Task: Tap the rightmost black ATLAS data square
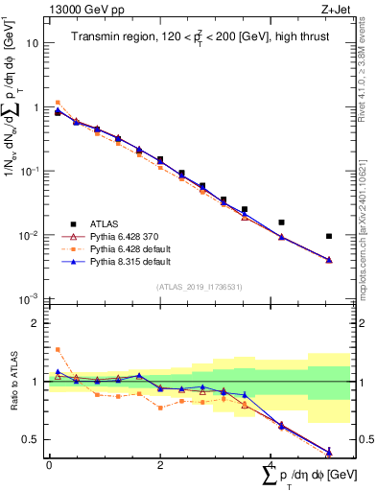[328, 236]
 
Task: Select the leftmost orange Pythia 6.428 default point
[58, 102]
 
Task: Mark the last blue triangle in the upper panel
[328, 259]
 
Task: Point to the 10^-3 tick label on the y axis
[31, 299]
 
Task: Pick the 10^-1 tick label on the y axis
[31, 171]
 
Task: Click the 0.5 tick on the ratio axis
[34, 440]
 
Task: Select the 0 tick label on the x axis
[49, 465]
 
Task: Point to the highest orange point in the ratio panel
[58, 349]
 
